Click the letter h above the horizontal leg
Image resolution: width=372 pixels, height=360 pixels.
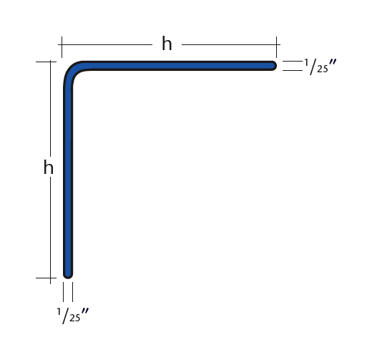point(167,44)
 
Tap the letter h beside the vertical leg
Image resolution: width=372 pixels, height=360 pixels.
point(49,169)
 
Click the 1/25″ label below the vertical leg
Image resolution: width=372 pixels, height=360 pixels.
point(72,314)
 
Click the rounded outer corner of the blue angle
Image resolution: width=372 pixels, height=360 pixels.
point(72,69)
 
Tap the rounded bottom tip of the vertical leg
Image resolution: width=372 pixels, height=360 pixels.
point(69,272)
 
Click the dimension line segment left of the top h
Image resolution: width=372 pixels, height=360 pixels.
point(107,44)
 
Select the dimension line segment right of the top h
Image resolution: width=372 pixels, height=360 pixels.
point(229,44)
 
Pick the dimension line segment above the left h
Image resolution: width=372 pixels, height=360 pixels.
point(49,107)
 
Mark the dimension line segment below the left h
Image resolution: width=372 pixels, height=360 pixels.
point(49,229)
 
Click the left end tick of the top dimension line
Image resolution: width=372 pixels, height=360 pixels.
point(61,46)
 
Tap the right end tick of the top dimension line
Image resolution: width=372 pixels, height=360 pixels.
point(277,46)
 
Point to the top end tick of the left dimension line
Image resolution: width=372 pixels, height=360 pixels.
point(45,62)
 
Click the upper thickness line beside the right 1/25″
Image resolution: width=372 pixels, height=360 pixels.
point(291,62)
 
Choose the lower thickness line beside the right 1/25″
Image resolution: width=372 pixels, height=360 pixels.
point(291,71)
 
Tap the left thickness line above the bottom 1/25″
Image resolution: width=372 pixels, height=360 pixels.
point(64,292)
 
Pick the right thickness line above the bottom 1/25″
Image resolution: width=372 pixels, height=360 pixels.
point(73,292)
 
